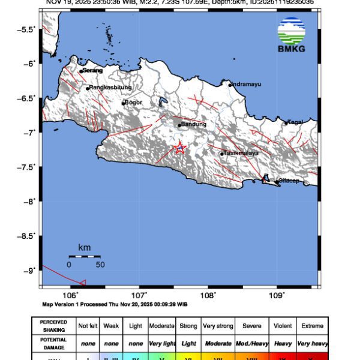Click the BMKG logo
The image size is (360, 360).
291,35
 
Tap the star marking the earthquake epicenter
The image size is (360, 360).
179,148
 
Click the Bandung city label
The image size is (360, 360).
193,124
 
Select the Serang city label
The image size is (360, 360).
92,70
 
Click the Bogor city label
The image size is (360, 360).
134,103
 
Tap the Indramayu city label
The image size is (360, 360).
247,84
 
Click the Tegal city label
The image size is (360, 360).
295,122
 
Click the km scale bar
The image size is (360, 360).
84,256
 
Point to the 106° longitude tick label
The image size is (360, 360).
71,295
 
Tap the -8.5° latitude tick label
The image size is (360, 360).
28,236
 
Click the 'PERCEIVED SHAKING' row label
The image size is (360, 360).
53,326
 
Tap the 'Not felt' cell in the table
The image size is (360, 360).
88,326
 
